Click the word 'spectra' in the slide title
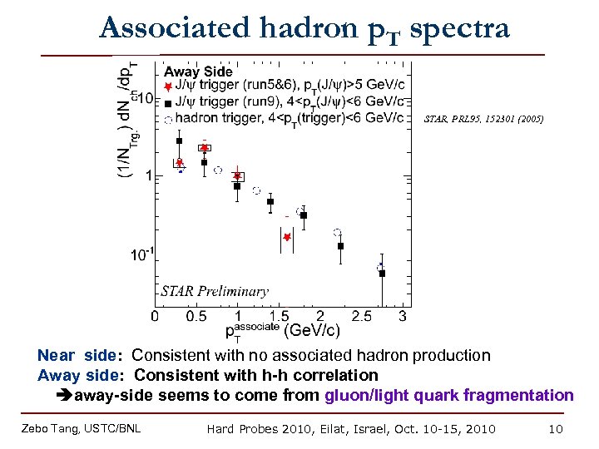point(460,28)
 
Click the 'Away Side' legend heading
point(198,72)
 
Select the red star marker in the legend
point(168,86)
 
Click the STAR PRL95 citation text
point(483,119)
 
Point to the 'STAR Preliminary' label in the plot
point(214,291)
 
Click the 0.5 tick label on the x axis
point(196,317)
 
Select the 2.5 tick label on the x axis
point(361,317)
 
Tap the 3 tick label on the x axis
point(403,317)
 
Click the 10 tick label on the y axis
point(144,98)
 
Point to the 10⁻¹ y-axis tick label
point(141,254)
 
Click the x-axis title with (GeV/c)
point(283,331)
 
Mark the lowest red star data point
point(286,237)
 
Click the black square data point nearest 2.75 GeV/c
point(382,273)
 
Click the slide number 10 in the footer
point(556,429)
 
